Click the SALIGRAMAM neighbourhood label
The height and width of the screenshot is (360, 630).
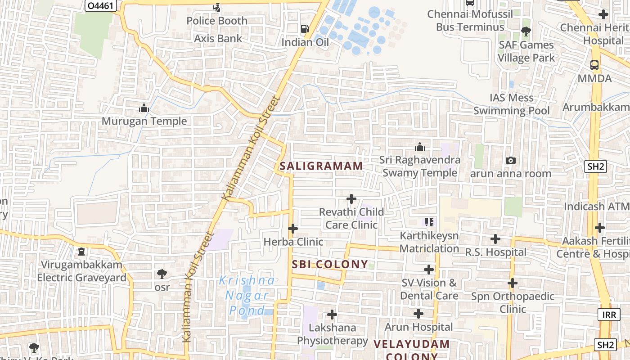(321, 166)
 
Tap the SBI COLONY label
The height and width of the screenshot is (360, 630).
(330, 264)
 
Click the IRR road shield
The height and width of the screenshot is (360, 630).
(609, 314)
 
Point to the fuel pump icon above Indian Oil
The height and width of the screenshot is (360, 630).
(305, 29)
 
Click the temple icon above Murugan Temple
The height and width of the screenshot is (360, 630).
(144, 108)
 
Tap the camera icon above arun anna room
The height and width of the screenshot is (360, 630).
(511, 160)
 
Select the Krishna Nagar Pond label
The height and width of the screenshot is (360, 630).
(247, 295)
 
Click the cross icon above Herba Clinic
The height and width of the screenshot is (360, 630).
(293, 229)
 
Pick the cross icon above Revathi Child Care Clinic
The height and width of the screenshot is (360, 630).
(351, 198)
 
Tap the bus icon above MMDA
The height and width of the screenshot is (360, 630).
(594, 65)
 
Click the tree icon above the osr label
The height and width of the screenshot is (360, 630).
(162, 274)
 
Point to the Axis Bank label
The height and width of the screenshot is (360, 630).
(218, 39)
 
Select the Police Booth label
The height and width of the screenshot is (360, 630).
(217, 21)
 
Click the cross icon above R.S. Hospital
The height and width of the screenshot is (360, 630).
(495, 239)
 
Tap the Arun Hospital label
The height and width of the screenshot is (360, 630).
(418, 327)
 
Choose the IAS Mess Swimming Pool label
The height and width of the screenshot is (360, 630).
(512, 104)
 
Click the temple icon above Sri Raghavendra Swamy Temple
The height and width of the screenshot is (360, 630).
(420, 147)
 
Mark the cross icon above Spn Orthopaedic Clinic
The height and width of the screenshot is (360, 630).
(513, 283)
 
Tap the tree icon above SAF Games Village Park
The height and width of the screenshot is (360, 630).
(526, 31)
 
